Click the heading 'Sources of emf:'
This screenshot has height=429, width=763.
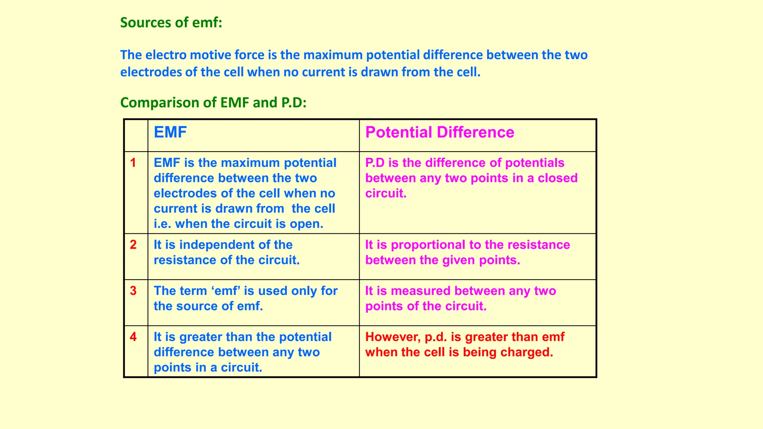(171, 23)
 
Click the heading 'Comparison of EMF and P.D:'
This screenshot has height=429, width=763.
(213, 102)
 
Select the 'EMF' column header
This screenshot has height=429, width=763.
(170, 133)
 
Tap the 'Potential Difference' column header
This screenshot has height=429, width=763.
(440, 133)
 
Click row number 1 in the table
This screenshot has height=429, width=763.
(133, 163)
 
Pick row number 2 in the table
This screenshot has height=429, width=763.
(133, 245)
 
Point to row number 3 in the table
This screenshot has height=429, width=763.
(133, 291)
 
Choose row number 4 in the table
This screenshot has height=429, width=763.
(133, 337)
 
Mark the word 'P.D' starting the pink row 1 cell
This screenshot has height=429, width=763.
(374, 163)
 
